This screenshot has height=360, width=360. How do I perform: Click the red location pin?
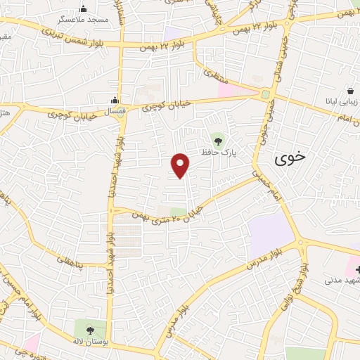[x=181, y=165]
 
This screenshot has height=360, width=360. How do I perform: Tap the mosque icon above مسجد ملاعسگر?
[x=84, y=9]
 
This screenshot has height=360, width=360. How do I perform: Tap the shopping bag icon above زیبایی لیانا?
[x=350, y=90]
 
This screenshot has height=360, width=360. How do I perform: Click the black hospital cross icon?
[x=356, y=270]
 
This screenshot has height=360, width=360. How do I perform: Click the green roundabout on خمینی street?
[x=266, y=95]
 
